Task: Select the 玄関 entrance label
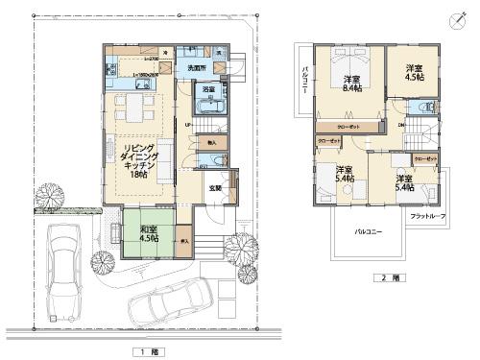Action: point(217,188)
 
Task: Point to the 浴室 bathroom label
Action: point(208,89)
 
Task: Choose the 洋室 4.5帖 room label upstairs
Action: point(414,73)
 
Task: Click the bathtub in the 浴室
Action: point(210,103)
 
